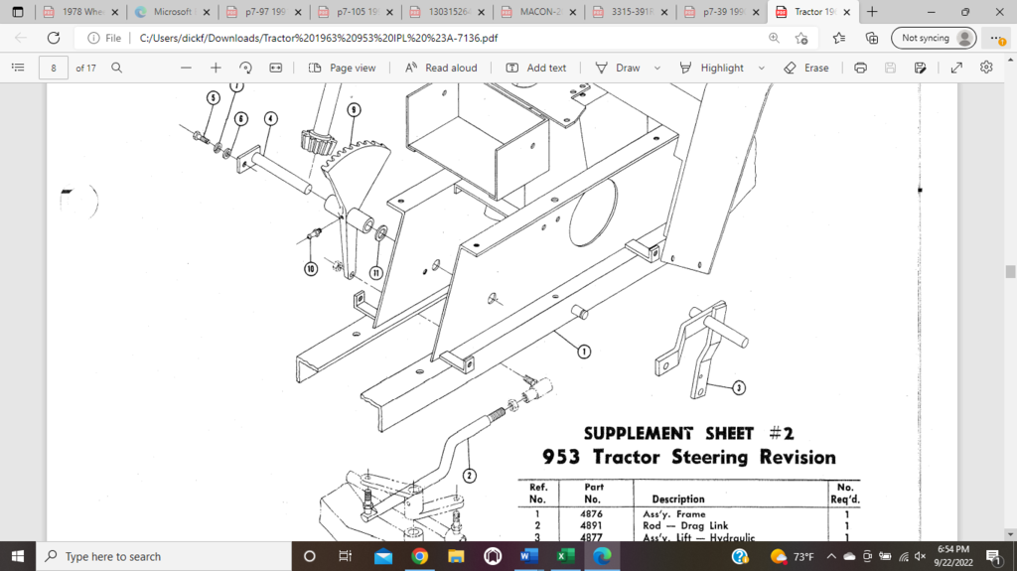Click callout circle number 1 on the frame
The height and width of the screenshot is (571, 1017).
click(585, 351)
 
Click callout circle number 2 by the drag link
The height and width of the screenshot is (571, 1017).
click(470, 476)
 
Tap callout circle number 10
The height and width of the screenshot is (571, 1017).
click(311, 269)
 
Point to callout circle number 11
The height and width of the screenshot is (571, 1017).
click(376, 272)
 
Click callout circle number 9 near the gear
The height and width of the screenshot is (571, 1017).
click(354, 109)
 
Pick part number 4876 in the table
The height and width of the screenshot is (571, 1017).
click(592, 513)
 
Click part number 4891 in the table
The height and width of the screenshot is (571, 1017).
click(592, 525)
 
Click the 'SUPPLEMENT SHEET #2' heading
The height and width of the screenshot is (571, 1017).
click(688, 433)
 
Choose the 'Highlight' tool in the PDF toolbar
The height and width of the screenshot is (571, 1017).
click(712, 68)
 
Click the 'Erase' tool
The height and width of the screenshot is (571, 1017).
click(805, 68)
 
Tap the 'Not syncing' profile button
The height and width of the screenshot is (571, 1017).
click(934, 38)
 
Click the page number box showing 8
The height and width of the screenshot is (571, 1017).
click(53, 68)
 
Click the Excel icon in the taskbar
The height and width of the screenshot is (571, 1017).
click(565, 556)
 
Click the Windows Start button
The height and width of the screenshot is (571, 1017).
click(18, 556)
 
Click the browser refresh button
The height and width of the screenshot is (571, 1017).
click(54, 38)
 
